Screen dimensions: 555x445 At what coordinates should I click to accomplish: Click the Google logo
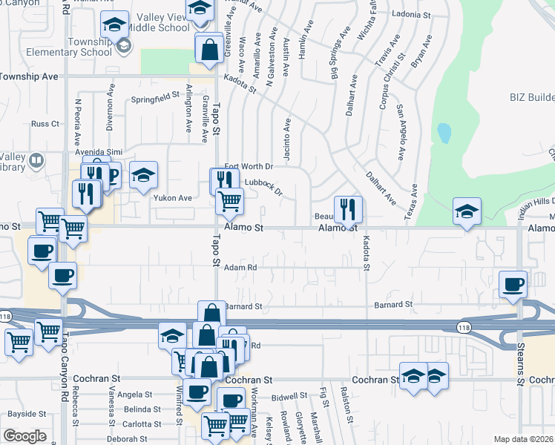tap(24, 436)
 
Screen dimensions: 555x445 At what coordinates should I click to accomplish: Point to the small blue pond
tap(444, 133)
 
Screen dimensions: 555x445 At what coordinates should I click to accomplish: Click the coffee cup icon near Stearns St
tap(513, 284)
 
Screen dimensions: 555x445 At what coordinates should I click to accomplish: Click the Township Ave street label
tap(29, 76)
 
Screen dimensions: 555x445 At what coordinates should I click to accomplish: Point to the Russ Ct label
tap(45, 124)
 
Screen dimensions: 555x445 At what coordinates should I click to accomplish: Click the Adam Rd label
tap(240, 268)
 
